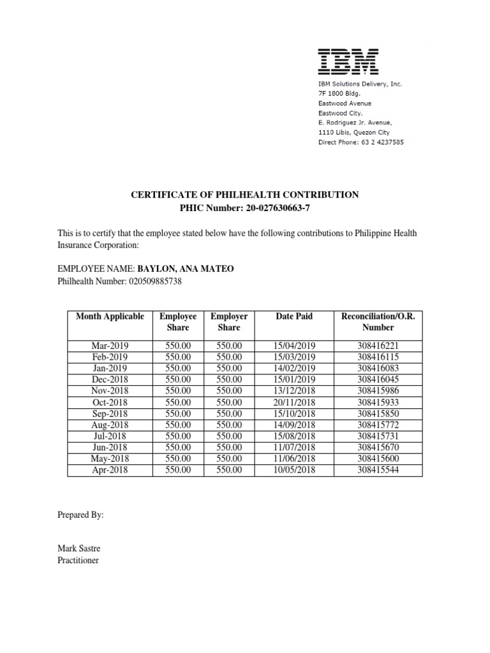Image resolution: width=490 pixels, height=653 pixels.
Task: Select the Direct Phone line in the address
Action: point(360,142)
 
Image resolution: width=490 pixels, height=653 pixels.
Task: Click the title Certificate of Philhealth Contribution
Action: point(245,194)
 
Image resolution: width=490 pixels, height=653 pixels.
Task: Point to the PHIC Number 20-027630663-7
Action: point(245,208)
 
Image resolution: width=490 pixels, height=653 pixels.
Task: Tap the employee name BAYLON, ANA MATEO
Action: point(181,269)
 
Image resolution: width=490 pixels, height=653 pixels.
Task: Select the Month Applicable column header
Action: point(110,316)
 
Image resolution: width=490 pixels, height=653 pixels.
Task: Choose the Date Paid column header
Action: point(294,316)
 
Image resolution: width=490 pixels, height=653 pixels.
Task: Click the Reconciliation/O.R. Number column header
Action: point(378,321)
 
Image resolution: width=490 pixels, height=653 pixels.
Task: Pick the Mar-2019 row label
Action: point(110,346)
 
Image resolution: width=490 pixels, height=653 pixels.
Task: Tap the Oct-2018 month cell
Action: point(110,402)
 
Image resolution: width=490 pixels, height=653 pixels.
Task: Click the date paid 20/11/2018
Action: point(294,402)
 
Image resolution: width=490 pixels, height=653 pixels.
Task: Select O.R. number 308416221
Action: point(378,346)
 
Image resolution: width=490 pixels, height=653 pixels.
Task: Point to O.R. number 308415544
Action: point(378,471)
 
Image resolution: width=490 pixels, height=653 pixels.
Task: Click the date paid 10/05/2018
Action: point(294,471)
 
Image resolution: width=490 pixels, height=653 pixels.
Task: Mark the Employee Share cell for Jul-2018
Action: point(178,436)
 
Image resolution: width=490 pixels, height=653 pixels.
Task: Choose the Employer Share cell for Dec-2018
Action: point(229,379)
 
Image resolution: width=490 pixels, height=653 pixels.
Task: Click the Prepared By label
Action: point(80,515)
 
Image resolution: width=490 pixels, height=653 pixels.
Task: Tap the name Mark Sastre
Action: point(78,549)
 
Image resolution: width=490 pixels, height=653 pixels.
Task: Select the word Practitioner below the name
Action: point(78,561)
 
